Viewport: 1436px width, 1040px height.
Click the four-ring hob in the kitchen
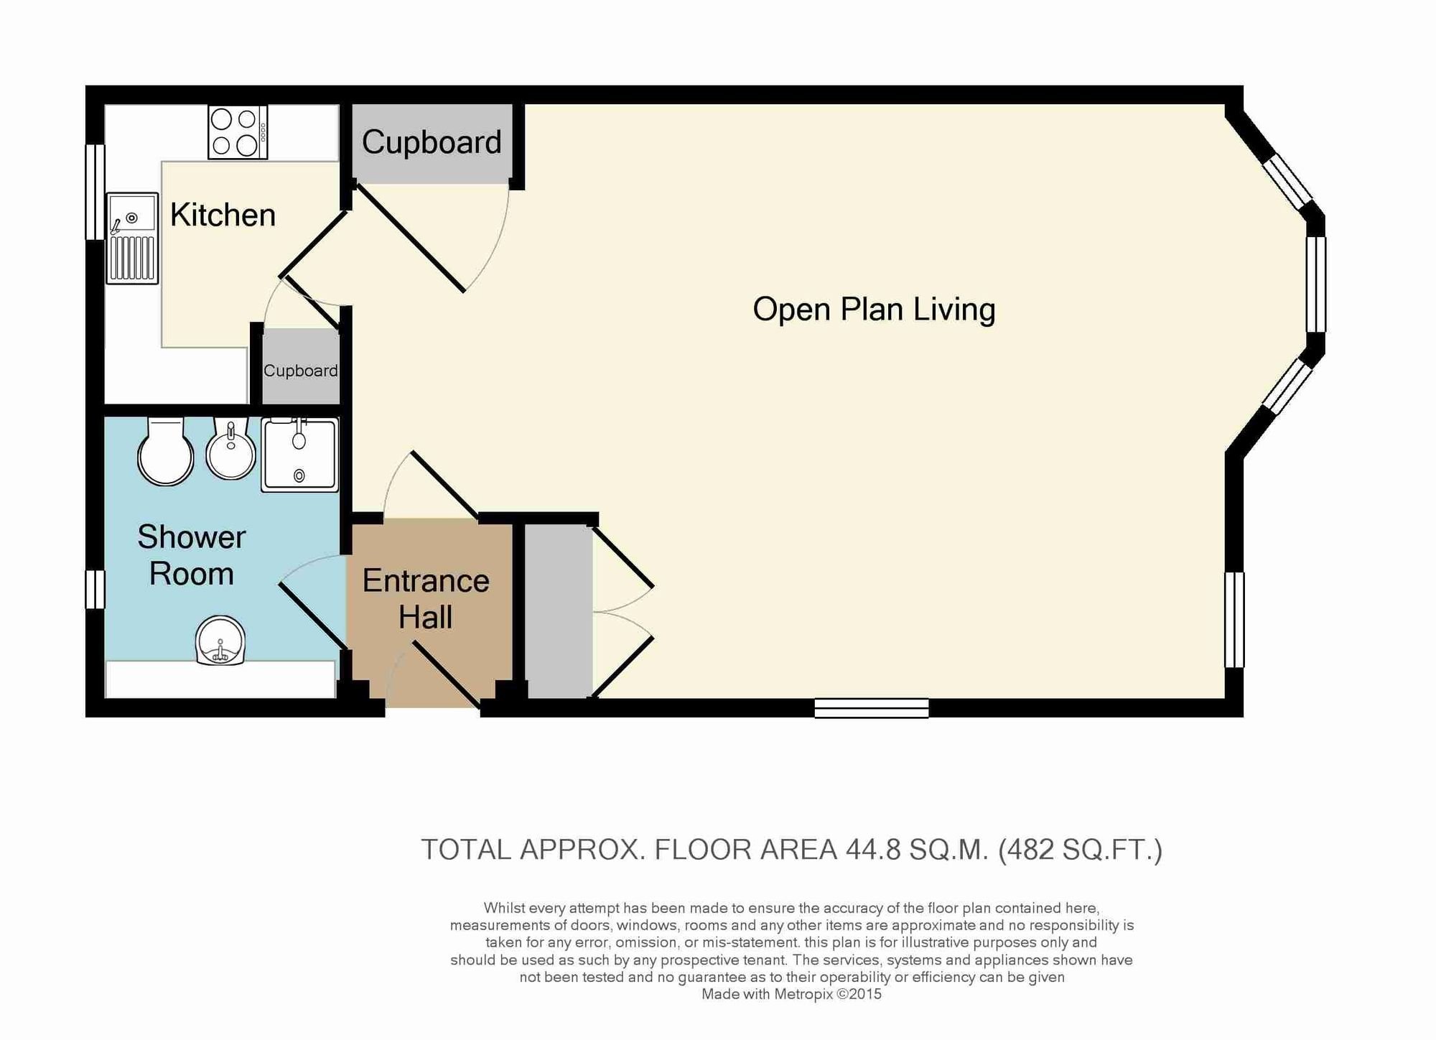coord(238,132)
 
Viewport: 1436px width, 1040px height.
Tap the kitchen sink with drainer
coord(132,238)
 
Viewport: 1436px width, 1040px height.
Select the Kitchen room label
coord(223,215)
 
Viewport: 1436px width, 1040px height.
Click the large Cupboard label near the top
coord(432,141)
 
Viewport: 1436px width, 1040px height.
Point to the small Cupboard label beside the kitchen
coord(300,371)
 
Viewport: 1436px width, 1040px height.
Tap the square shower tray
coord(299,455)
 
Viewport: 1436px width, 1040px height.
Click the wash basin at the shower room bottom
coord(220,641)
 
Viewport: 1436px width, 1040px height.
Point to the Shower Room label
coord(192,555)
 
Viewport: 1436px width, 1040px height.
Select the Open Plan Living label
coord(874,310)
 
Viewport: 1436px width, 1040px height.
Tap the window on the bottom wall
coord(872,708)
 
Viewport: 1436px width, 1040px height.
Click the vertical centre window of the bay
coord(1315,284)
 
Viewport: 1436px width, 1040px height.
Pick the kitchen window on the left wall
coord(95,192)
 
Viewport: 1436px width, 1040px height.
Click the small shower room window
coord(95,590)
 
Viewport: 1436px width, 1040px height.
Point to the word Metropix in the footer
coord(803,995)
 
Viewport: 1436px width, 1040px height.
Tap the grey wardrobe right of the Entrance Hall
coord(559,611)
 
